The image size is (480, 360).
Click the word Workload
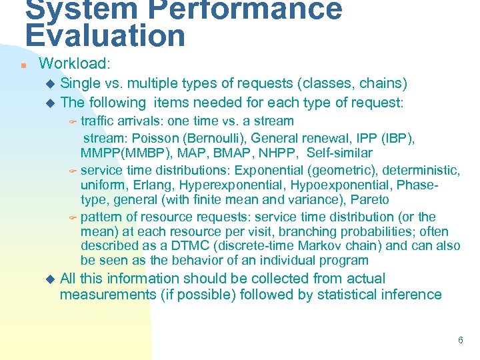point(73,64)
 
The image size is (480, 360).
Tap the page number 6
point(460,340)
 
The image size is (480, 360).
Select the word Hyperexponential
point(217,185)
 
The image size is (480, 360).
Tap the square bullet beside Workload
point(23,65)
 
